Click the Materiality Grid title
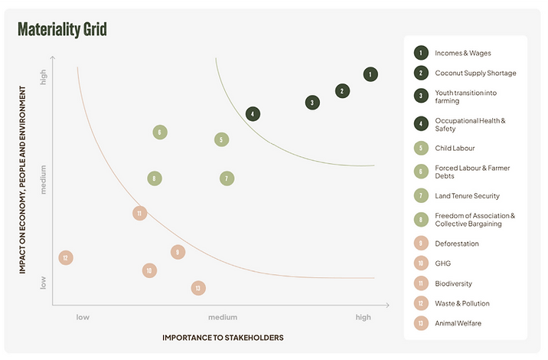[62, 30]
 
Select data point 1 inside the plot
[370, 74]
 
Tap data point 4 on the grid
[253, 114]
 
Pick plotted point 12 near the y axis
[66, 258]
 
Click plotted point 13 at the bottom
[198, 288]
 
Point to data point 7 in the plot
[227, 178]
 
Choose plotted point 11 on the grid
[139, 214]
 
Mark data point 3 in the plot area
[312, 102]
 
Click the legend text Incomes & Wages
[462, 53]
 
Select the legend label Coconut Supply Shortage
[475, 73]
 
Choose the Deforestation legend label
[457, 244]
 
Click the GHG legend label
[442, 263]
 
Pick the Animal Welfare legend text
[458, 323]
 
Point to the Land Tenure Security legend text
[467, 196]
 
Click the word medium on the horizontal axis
[223, 317]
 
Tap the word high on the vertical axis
[44, 77]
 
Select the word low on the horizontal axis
[83, 317]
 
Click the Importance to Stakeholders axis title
[223, 337]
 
